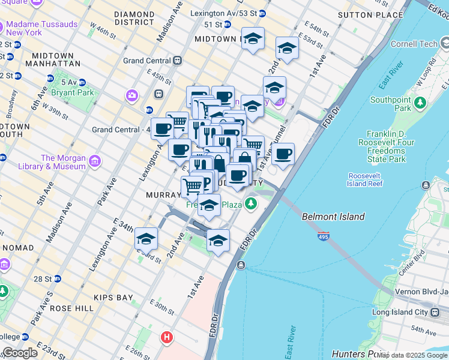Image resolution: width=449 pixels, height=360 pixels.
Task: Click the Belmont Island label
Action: [x=333, y=217]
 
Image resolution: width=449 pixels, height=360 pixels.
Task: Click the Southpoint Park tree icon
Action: [x=421, y=103]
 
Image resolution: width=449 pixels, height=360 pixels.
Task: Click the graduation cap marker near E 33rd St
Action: [x=146, y=239]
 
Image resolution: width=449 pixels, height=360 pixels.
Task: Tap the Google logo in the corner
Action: [x=20, y=353]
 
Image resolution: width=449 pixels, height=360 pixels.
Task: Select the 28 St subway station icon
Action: [x=58, y=278]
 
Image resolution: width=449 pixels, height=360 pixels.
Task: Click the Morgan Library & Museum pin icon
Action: [x=94, y=161]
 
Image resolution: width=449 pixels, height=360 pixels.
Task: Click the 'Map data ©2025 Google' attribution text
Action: [x=412, y=355]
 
